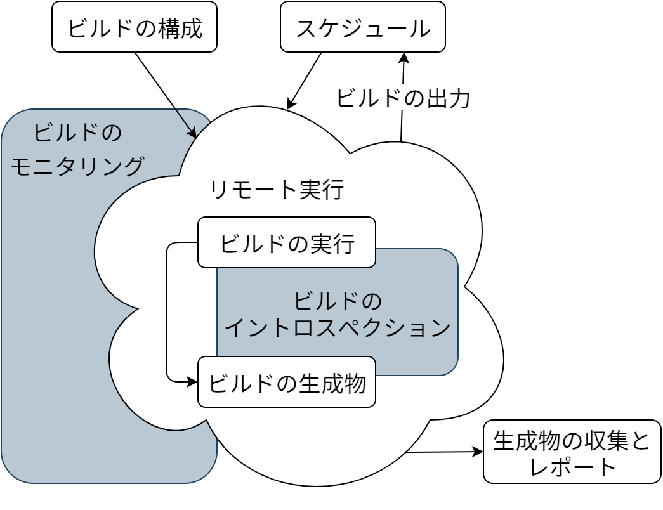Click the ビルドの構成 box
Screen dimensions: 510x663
click(135, 27)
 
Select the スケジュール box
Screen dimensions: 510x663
click(362, 27)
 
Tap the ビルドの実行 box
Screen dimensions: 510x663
click(286, 243)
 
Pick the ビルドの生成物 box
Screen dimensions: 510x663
click(286, 383)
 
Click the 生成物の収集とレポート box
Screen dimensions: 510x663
click(572, 452)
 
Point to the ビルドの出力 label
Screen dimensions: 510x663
click(402, 98)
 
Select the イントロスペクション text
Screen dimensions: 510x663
click(338, 328)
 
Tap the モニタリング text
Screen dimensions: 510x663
click(77, 166)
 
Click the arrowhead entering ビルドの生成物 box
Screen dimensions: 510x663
click(193, 382)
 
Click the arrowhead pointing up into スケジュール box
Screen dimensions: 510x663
click(404, 57)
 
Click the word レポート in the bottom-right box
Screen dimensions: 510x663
click(572, 467)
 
